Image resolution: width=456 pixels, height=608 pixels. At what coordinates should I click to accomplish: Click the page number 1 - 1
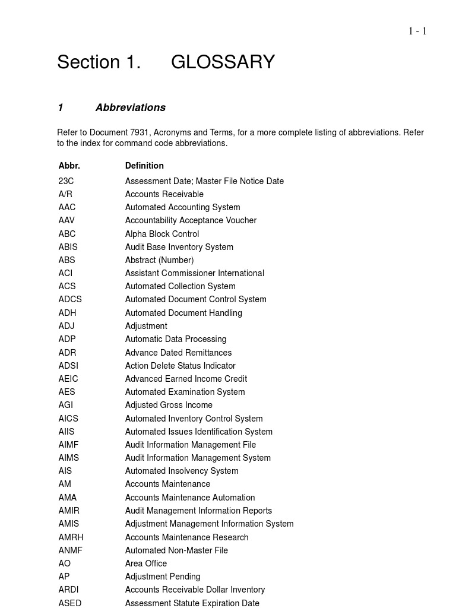[417, 31]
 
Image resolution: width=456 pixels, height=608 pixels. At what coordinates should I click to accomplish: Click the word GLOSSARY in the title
[223, 62]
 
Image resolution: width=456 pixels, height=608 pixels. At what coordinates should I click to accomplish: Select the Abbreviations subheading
[130, 107]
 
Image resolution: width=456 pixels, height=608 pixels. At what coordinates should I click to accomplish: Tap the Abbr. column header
[69, 166]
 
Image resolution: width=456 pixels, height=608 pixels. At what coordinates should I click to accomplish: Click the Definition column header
[144, 166]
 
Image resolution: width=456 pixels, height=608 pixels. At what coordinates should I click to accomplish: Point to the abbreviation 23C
[66, 181]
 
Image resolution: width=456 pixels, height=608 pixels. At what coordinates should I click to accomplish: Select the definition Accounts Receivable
[164, 194]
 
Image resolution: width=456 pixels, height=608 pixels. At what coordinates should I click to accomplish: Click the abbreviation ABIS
[68, 247]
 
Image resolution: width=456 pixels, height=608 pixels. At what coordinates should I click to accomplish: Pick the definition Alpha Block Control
[161, 234]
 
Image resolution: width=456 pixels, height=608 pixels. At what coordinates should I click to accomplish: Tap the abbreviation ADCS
[70, 299]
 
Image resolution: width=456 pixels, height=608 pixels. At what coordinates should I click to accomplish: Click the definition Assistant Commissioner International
[194, 273]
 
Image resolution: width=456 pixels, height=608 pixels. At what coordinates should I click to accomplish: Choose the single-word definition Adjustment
[146, 326]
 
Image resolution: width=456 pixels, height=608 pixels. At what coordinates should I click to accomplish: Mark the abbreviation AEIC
[68, 379]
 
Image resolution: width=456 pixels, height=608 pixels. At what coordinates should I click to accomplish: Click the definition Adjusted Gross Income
[169, 405]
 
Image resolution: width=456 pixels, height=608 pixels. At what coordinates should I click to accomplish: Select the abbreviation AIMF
[68, 445]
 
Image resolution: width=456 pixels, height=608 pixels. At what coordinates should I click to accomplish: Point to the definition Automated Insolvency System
[182, 471]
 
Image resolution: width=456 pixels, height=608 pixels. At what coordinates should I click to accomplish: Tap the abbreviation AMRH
[71, 537]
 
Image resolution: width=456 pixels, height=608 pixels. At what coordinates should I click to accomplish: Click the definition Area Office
[146, 563]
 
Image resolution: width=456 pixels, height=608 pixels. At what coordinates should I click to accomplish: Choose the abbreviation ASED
[70, 603]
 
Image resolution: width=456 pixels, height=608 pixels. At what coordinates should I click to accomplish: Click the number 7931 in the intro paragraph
[140, 132]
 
